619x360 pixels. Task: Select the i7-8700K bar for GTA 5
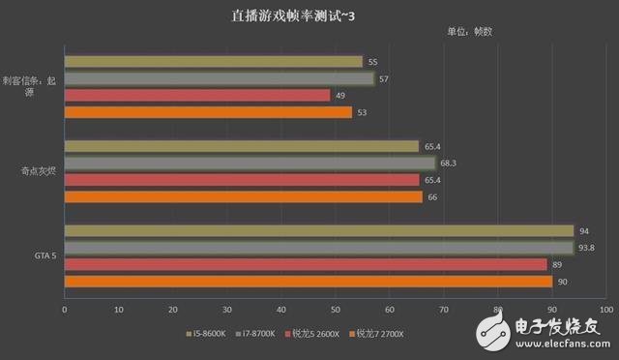coord(319,248)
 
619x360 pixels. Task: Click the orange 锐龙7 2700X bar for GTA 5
coord(308,281)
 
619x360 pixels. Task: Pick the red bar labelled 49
coord(197,95)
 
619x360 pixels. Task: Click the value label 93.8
coord(586,248)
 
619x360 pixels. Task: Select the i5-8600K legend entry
coord(205,334)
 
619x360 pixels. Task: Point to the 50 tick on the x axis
coord(336,310)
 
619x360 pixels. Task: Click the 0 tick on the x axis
coord(65,310)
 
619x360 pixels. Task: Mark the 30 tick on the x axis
coord(227,310)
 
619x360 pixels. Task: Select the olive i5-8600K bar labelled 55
coord(214,62)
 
